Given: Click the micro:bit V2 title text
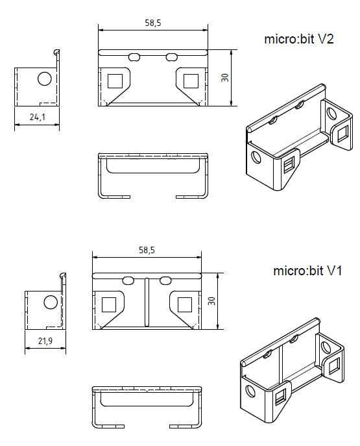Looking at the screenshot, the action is (298, 39).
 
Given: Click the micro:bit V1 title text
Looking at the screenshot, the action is (307, 271).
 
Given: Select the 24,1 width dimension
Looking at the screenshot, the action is (37, 117).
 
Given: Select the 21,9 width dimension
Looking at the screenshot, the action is (45, 340).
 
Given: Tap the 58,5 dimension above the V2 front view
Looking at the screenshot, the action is (153, 23).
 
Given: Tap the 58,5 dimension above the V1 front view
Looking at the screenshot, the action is (147, 250).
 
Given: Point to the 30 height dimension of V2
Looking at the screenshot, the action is (224, 78).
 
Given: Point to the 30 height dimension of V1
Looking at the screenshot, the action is (211, 301).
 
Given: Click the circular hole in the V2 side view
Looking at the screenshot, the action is (45, 79).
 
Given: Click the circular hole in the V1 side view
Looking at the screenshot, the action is (51, 302).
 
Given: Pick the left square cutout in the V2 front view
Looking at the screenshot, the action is (115, 81).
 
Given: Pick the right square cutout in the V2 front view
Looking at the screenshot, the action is (191, 81).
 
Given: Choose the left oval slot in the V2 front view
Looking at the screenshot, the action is (134, 57).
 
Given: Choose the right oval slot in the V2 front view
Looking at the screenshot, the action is (172, 57).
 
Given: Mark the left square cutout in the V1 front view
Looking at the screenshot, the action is (109, 304).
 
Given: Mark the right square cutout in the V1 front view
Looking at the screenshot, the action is (185, 304).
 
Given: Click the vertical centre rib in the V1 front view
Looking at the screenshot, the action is (147, 302).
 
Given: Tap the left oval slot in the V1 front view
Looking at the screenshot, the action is (128, 280).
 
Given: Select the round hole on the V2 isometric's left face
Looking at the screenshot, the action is (256, 157).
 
